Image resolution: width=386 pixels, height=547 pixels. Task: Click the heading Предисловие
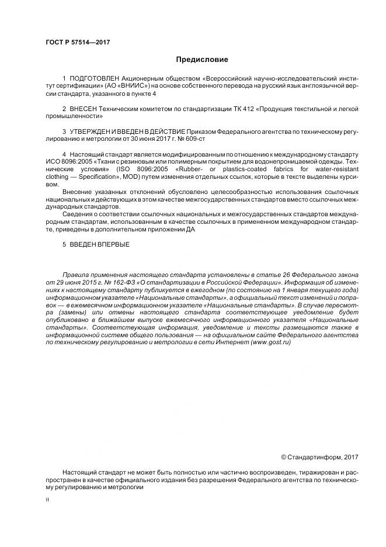pos(202,60)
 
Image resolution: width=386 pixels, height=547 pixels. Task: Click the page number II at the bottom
pos(47,501)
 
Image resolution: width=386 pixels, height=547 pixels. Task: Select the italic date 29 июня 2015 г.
pos(81,282)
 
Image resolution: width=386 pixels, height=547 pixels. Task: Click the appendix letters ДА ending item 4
pos(190,230)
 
